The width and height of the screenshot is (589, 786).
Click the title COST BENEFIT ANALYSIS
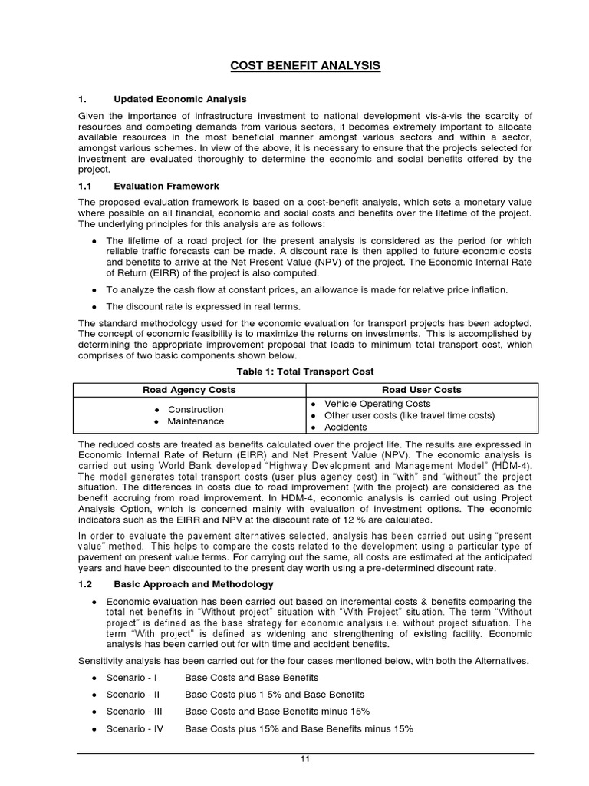click(x=305, y=66)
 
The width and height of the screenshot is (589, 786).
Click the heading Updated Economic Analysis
click(x=180, y=99)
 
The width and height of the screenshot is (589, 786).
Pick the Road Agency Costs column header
click(x=189, y=390)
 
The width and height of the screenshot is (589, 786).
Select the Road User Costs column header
click(x=423, y=390)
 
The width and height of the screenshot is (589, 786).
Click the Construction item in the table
click(x=196, y=410)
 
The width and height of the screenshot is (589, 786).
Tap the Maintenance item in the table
click(x=196, y=421)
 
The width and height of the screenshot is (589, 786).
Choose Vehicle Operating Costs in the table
click(x=377, y=404)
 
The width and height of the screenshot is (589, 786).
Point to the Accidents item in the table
click(x=346, y=428)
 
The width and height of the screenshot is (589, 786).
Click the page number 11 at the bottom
click(x=304, y=759)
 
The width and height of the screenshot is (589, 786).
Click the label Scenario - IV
click(x=134, y=729)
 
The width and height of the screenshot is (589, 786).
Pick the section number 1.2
click(x=86, y=584)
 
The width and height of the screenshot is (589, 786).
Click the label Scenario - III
click(x=133, y=712)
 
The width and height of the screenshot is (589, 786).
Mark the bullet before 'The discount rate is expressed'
click(x=94, y=307)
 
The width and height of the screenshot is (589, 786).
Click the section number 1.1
click(x=85, y=186)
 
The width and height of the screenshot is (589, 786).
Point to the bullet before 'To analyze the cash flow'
click(x=94, y=290)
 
